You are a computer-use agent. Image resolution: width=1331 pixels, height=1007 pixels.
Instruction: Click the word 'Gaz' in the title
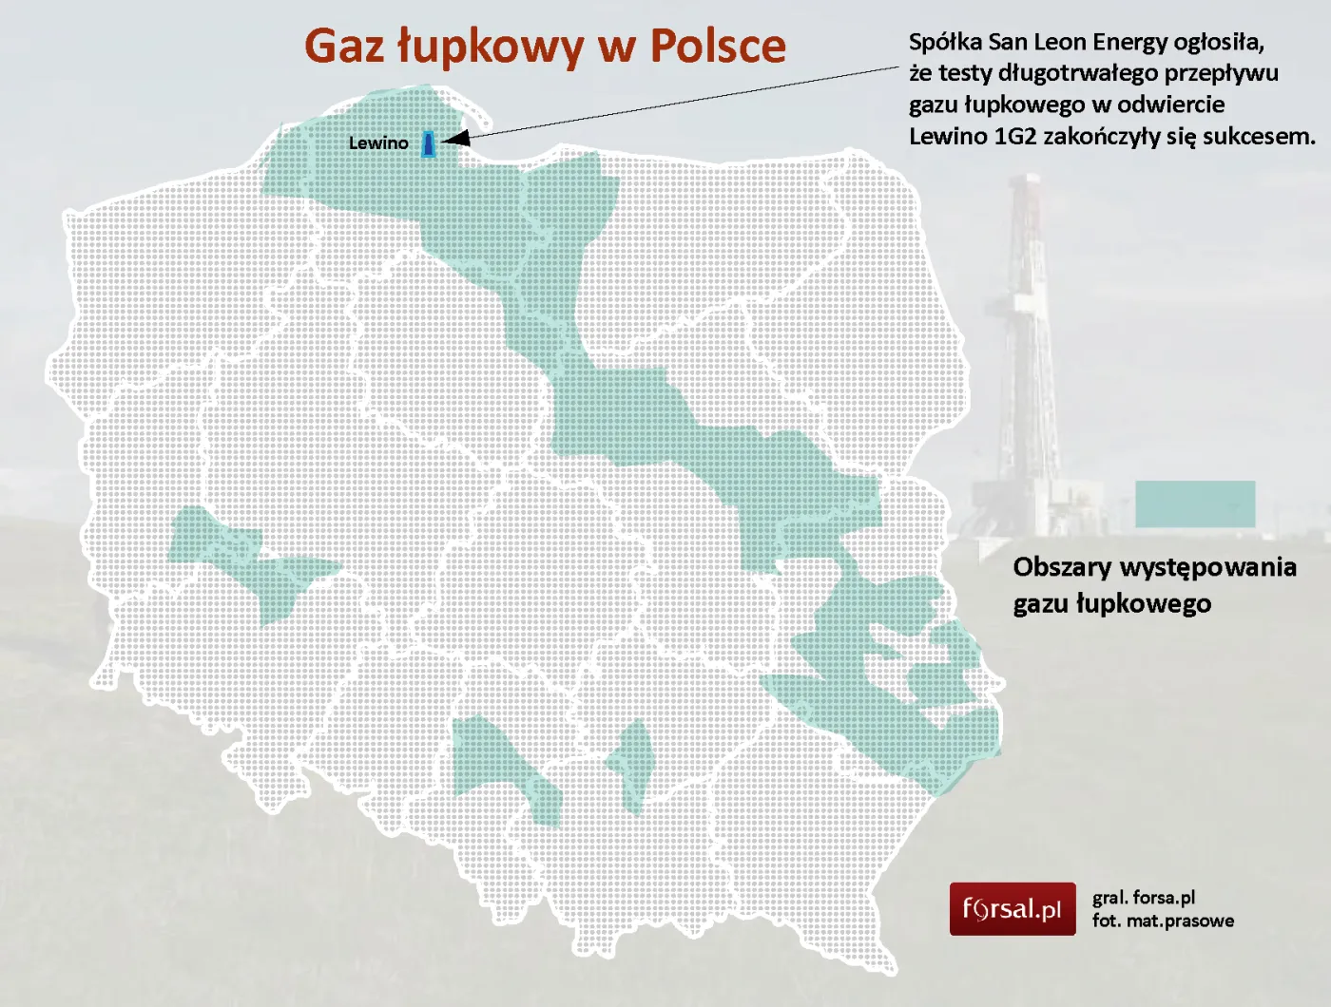[344, 47]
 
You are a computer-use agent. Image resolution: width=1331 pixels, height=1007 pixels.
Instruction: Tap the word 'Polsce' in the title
[718, 47]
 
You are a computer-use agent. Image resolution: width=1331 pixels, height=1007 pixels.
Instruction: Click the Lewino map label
[378, 143]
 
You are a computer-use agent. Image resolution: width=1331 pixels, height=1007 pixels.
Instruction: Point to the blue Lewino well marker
[429, 143]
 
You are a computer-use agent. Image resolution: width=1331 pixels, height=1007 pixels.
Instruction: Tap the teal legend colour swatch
[1195, 503]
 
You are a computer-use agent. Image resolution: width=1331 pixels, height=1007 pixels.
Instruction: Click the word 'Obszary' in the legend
[1061, 567]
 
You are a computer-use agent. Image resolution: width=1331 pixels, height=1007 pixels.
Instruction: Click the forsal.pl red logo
[1013, 909]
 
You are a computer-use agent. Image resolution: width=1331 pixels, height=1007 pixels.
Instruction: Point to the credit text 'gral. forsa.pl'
[1144, 897]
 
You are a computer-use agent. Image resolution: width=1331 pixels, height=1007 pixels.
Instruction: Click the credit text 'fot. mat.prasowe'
[1163, 921]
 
